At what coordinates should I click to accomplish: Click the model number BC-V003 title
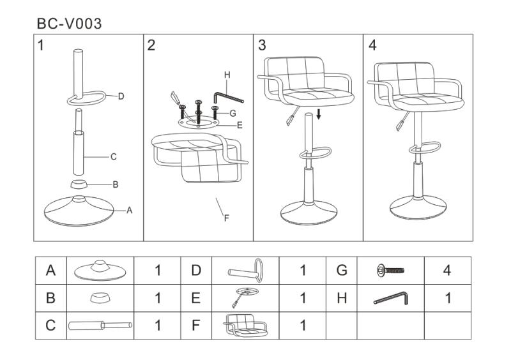pos(69,24)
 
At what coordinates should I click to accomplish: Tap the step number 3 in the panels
pos(262,45)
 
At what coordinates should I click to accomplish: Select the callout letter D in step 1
pos(121,96)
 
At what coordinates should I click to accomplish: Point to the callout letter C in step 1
pos(114,157)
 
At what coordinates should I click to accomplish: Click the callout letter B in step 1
pos(116,184)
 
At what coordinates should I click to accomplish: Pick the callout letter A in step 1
pos(130,211)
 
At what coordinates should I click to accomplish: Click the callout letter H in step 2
pos(227,75)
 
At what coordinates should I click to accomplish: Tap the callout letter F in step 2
pos(227,218)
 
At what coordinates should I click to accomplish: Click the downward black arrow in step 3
pos(319,114)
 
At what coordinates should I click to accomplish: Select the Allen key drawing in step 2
pos(227,97)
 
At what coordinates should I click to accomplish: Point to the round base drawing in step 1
pos(79,211)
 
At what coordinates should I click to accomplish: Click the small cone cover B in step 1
pos(79,184)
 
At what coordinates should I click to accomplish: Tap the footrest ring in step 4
pos(425,147)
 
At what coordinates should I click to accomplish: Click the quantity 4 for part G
pos(447,270)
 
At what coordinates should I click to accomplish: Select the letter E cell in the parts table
pos(196,298)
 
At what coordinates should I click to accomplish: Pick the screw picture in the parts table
pos(390,271)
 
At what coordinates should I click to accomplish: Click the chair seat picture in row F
pos(245,326)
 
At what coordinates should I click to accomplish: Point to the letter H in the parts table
pos(342,298)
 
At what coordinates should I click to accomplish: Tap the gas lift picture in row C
pos(100,325)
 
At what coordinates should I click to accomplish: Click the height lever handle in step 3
pos(292,117)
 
